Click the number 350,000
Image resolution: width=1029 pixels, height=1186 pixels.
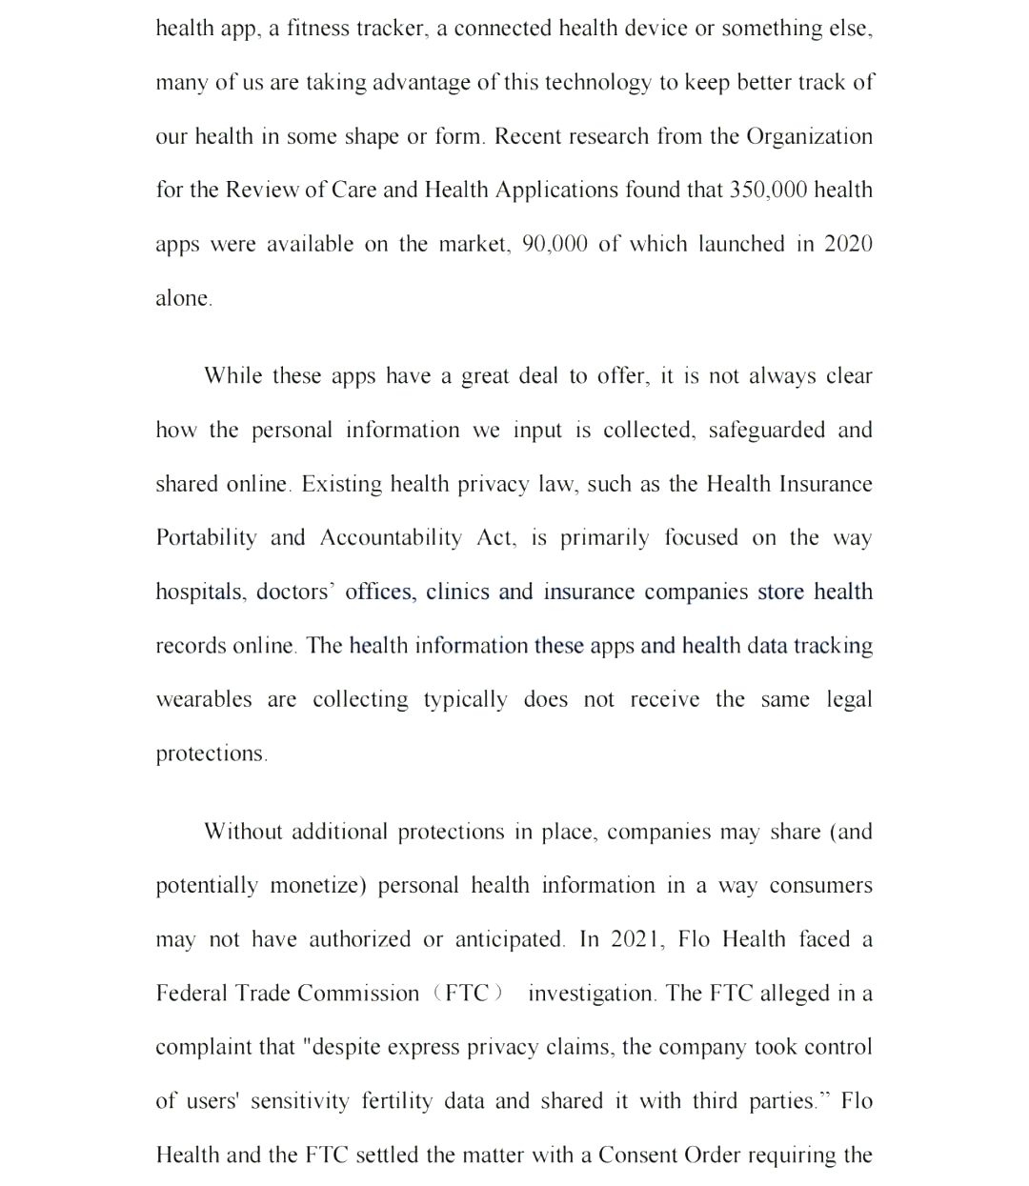point(768,190)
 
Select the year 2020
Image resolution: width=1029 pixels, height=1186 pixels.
point(848,244)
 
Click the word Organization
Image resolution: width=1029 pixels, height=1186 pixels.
point(809,136)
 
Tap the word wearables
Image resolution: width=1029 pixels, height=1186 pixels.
point(205,700)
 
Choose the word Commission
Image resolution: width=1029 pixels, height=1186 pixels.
point(356,994)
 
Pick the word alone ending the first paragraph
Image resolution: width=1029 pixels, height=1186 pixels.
point(182,298)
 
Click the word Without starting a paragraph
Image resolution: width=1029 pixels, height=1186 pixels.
point(243,832)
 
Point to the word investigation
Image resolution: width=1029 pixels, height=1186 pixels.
point(591,994)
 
